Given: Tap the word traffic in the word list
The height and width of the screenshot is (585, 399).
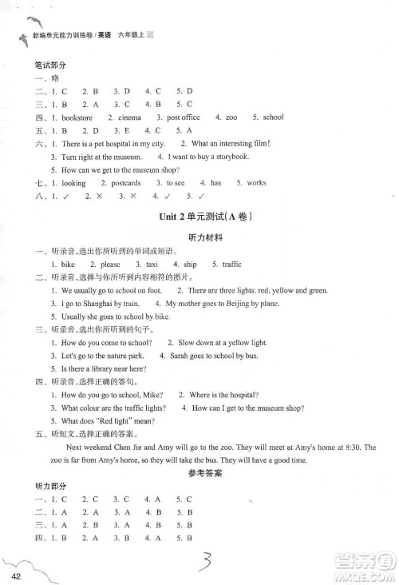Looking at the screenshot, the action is point(231,264).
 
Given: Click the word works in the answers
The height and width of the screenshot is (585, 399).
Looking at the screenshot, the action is point(256,183).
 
